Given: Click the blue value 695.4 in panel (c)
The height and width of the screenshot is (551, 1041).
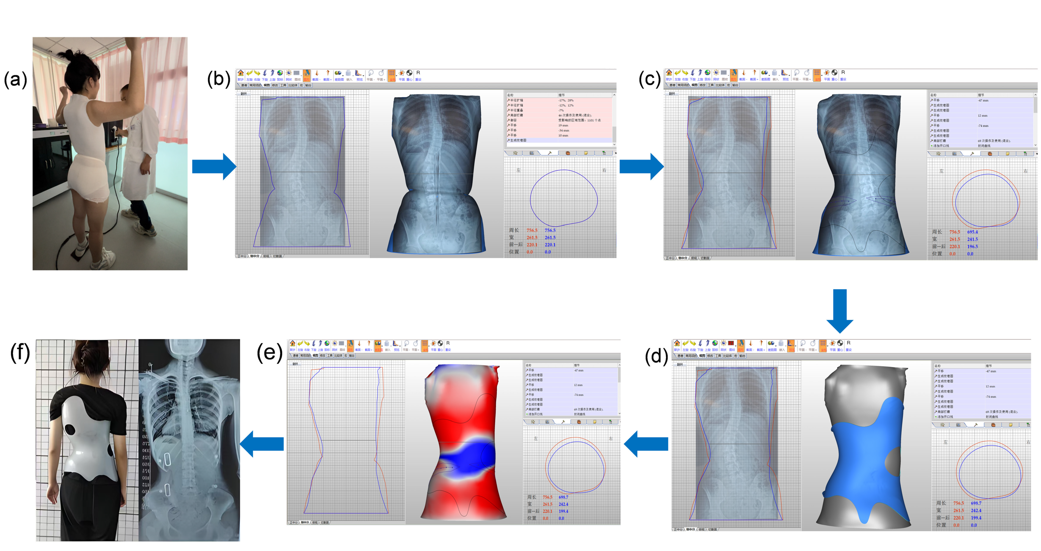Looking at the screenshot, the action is pos(972,232).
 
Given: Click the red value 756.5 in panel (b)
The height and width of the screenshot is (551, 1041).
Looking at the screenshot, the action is pos(532,230).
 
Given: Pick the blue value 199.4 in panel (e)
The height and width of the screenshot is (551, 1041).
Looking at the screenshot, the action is pos(563,511).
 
